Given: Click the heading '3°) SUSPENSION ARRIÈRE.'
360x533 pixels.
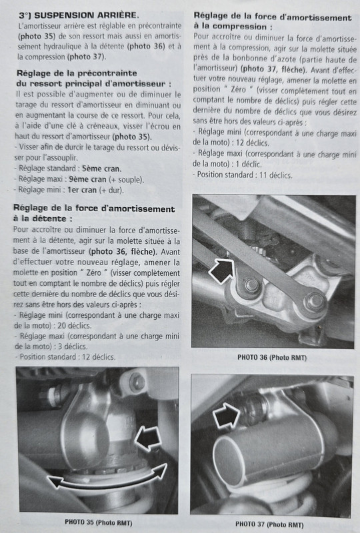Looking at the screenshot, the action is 79,15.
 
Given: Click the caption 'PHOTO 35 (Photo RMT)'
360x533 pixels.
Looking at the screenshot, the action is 99,522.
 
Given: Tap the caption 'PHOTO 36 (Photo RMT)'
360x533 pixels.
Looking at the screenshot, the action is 272,358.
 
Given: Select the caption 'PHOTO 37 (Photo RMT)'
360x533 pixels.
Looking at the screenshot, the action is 269,524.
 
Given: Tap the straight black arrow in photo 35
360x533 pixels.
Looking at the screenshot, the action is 148,438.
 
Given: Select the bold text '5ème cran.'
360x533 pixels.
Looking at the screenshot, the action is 101,169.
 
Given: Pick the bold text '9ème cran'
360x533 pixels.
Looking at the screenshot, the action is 87,179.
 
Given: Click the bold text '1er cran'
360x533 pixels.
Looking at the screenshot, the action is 81,190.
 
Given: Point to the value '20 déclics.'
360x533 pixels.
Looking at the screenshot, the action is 75,326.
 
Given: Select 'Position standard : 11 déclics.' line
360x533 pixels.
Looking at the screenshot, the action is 243,175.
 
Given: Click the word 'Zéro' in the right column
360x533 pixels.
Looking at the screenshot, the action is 238,89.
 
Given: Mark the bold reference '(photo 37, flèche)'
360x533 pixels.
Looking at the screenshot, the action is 271,69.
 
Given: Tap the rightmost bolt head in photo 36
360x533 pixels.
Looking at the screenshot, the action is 315,302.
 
